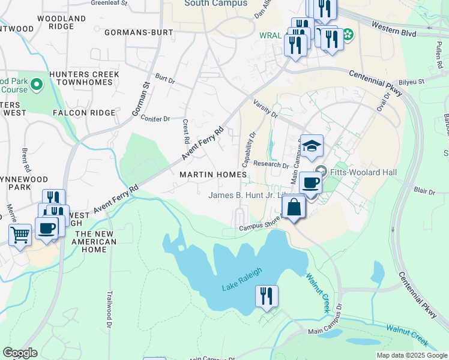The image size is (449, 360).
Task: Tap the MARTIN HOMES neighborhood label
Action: coord(213,174)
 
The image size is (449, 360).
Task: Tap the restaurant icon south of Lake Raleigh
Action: coord(266,296)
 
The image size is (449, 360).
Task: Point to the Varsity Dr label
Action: coord(265,109)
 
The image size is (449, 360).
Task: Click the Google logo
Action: coord(20,353)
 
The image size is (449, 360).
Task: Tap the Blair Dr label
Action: coord(424,191)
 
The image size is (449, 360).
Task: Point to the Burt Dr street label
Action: coord(164,79)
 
